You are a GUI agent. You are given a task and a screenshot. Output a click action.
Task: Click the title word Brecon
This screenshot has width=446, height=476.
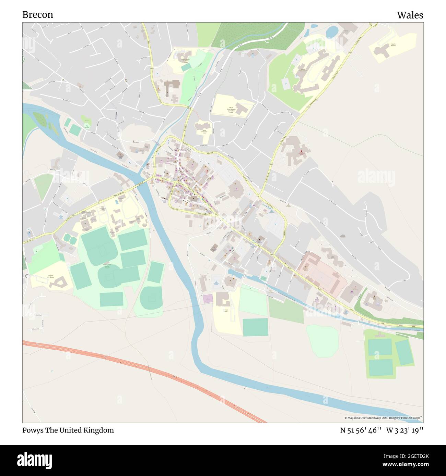point(38,15)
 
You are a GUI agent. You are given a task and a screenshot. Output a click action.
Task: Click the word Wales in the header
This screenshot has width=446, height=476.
point(410,15)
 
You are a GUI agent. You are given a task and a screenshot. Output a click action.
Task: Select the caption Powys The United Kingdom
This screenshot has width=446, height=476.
point(68,430)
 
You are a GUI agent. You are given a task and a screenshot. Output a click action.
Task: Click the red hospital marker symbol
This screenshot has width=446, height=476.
point(302,151)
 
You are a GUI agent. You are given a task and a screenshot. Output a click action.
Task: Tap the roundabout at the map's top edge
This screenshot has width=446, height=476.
point(373,24)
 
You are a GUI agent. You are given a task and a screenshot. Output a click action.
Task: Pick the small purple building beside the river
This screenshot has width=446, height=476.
point(208,299)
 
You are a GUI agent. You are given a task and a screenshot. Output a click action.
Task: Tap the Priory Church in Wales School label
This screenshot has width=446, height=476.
point(186,61)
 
